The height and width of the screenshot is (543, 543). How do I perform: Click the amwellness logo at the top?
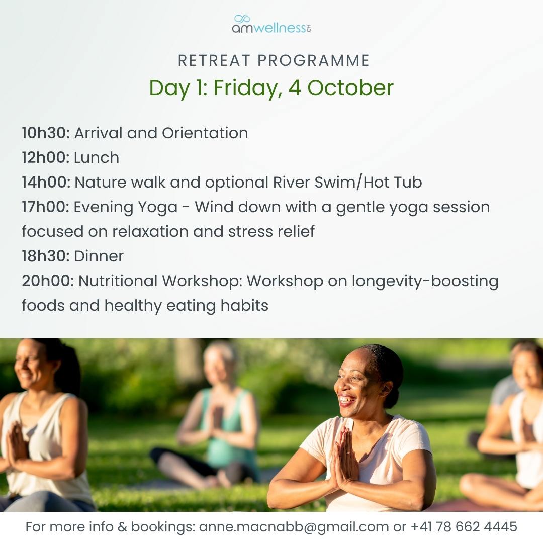coord(271,24)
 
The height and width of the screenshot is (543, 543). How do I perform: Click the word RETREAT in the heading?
coord(214,61)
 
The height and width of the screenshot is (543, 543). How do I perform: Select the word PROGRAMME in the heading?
coord(313,61)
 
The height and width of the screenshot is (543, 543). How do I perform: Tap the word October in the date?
coord(350,87)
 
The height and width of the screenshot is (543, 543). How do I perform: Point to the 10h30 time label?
coord(46,133)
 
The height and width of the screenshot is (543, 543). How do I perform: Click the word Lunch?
coord(97,157)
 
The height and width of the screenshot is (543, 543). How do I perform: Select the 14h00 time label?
coord(46,182)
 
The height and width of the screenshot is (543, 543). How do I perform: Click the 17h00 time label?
coord(46,207)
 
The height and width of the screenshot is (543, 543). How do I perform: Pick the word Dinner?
coord(99,256)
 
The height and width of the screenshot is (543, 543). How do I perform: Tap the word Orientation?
coord(205,133)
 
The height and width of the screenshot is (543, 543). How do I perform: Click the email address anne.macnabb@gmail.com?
coord(294,527)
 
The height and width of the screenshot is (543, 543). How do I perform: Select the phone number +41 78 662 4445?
coord(464,527)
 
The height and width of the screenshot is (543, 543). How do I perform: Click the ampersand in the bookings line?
coord(122,527)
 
